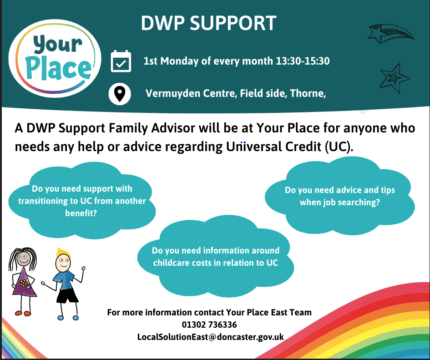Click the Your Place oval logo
coord(55,58)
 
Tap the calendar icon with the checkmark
coord(121,61)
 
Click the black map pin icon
coord(120,94)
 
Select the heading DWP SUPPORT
coord(209,23)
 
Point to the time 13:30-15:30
coord(303,61)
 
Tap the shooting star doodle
coord(390,34)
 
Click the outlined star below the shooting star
coord(394,78)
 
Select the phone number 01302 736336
coord(209,325)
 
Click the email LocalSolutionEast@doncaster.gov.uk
coord(211,337)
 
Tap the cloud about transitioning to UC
coord(82,201)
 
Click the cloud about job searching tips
coord(340,196)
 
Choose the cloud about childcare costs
coord(216,256)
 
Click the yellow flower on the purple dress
coord(24,283)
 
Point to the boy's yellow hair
coord(62,253)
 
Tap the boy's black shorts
coord(67,296)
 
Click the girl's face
coord(24,259)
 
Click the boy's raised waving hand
coord(83,269)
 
